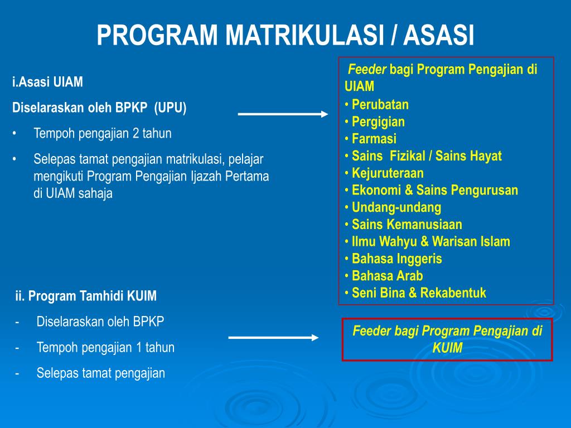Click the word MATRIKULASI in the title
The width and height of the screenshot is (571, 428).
[304, 35]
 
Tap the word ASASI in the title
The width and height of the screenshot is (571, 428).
[438, 35]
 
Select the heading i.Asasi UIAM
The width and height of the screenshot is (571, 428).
[48, 82]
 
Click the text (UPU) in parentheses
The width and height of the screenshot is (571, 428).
[170, 108]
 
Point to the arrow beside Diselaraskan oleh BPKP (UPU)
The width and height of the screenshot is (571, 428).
[283, 114]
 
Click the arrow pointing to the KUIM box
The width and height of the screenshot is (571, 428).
[273, 338]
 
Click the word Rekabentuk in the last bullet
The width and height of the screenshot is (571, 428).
[453, 293]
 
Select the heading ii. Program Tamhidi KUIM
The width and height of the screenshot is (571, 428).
[86, 296]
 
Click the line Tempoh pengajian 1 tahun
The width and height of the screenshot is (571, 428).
[105, 348]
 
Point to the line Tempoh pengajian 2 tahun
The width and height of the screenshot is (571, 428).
[103, 134]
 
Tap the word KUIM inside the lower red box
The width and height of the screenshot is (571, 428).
[447, 348]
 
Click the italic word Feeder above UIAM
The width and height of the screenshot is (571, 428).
[367, 69]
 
